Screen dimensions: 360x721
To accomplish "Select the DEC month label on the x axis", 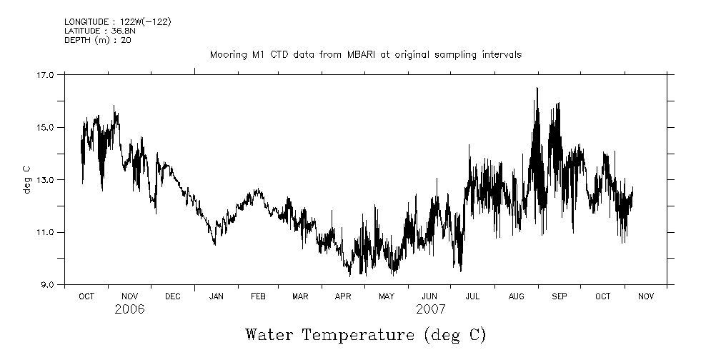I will pyautogui.click(x=172, y=296).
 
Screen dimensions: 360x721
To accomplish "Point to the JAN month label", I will pyautogui.click(x=215, y=296).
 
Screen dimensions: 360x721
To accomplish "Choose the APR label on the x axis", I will pyautogui.click(x=344, y=296).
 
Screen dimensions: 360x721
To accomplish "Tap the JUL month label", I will pyautogui.click(x=472, y=296).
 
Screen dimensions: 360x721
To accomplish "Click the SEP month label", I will pyautogui.click(x=559, y=296).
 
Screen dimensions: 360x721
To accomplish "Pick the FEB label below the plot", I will pyautogui.click(x=258, y=296).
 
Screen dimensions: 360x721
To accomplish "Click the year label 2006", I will pyautogui.click(x=129, y=309).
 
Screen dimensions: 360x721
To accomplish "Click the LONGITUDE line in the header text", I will pyautogui.click(x=117, y=22).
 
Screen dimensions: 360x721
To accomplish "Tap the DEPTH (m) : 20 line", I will pyautogui.click(x=97, y=40).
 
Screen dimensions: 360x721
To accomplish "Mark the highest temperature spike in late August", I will pyautogui.click(x=537, y=88).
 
